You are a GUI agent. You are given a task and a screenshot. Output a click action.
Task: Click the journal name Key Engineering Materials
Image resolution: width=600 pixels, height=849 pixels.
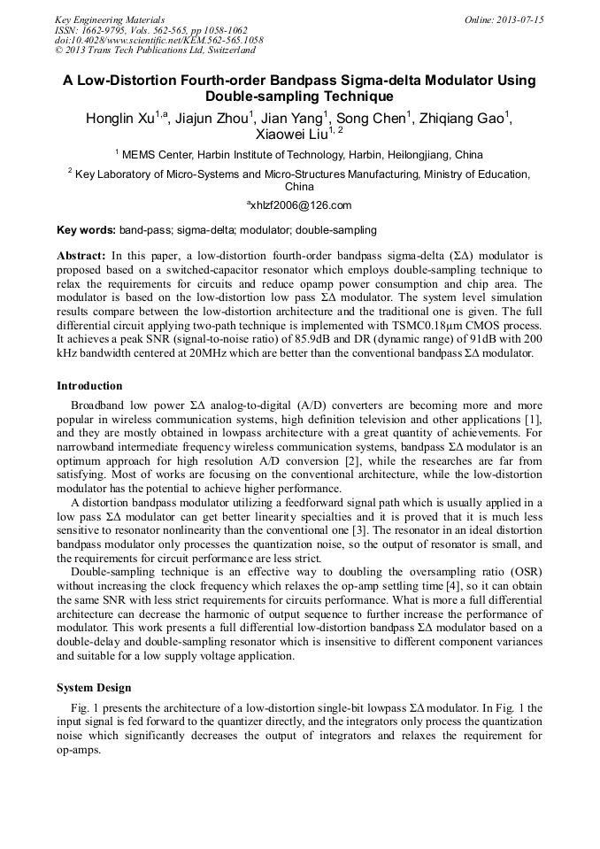pos(109,19)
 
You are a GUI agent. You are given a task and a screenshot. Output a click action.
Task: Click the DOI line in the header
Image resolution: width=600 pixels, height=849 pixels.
pos(158,40)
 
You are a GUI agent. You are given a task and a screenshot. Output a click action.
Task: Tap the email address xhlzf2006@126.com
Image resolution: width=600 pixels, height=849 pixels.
pos(301,205)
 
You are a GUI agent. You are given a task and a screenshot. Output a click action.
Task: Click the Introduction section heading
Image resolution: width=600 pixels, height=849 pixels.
pos(89,386)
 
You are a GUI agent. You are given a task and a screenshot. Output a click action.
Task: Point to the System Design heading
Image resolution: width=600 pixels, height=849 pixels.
pos(94,688)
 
